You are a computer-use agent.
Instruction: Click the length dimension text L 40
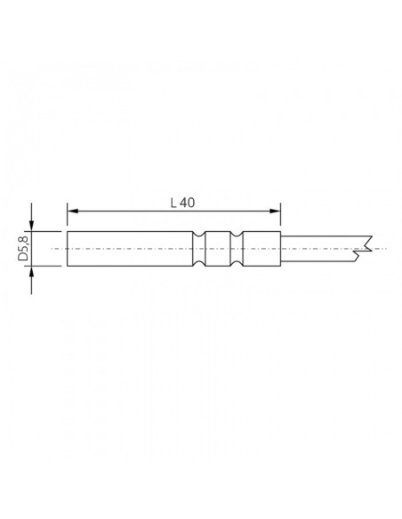(x=182, y=203)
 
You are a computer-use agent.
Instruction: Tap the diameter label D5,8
(x=23, y=250)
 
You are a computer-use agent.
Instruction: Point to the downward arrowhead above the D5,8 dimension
(x=33, y=225)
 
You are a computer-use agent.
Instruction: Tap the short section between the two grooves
(x=220, y=250)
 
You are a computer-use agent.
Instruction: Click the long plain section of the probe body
(x=130, y=250)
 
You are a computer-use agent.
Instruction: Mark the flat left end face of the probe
(x=68, y=250)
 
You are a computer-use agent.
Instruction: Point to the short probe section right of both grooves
(x=262, y=250)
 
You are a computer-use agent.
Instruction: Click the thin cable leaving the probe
(x=320, y=250)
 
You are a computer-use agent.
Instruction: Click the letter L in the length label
(x=173, y=203)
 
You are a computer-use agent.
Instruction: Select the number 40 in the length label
(x=187, y=203)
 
